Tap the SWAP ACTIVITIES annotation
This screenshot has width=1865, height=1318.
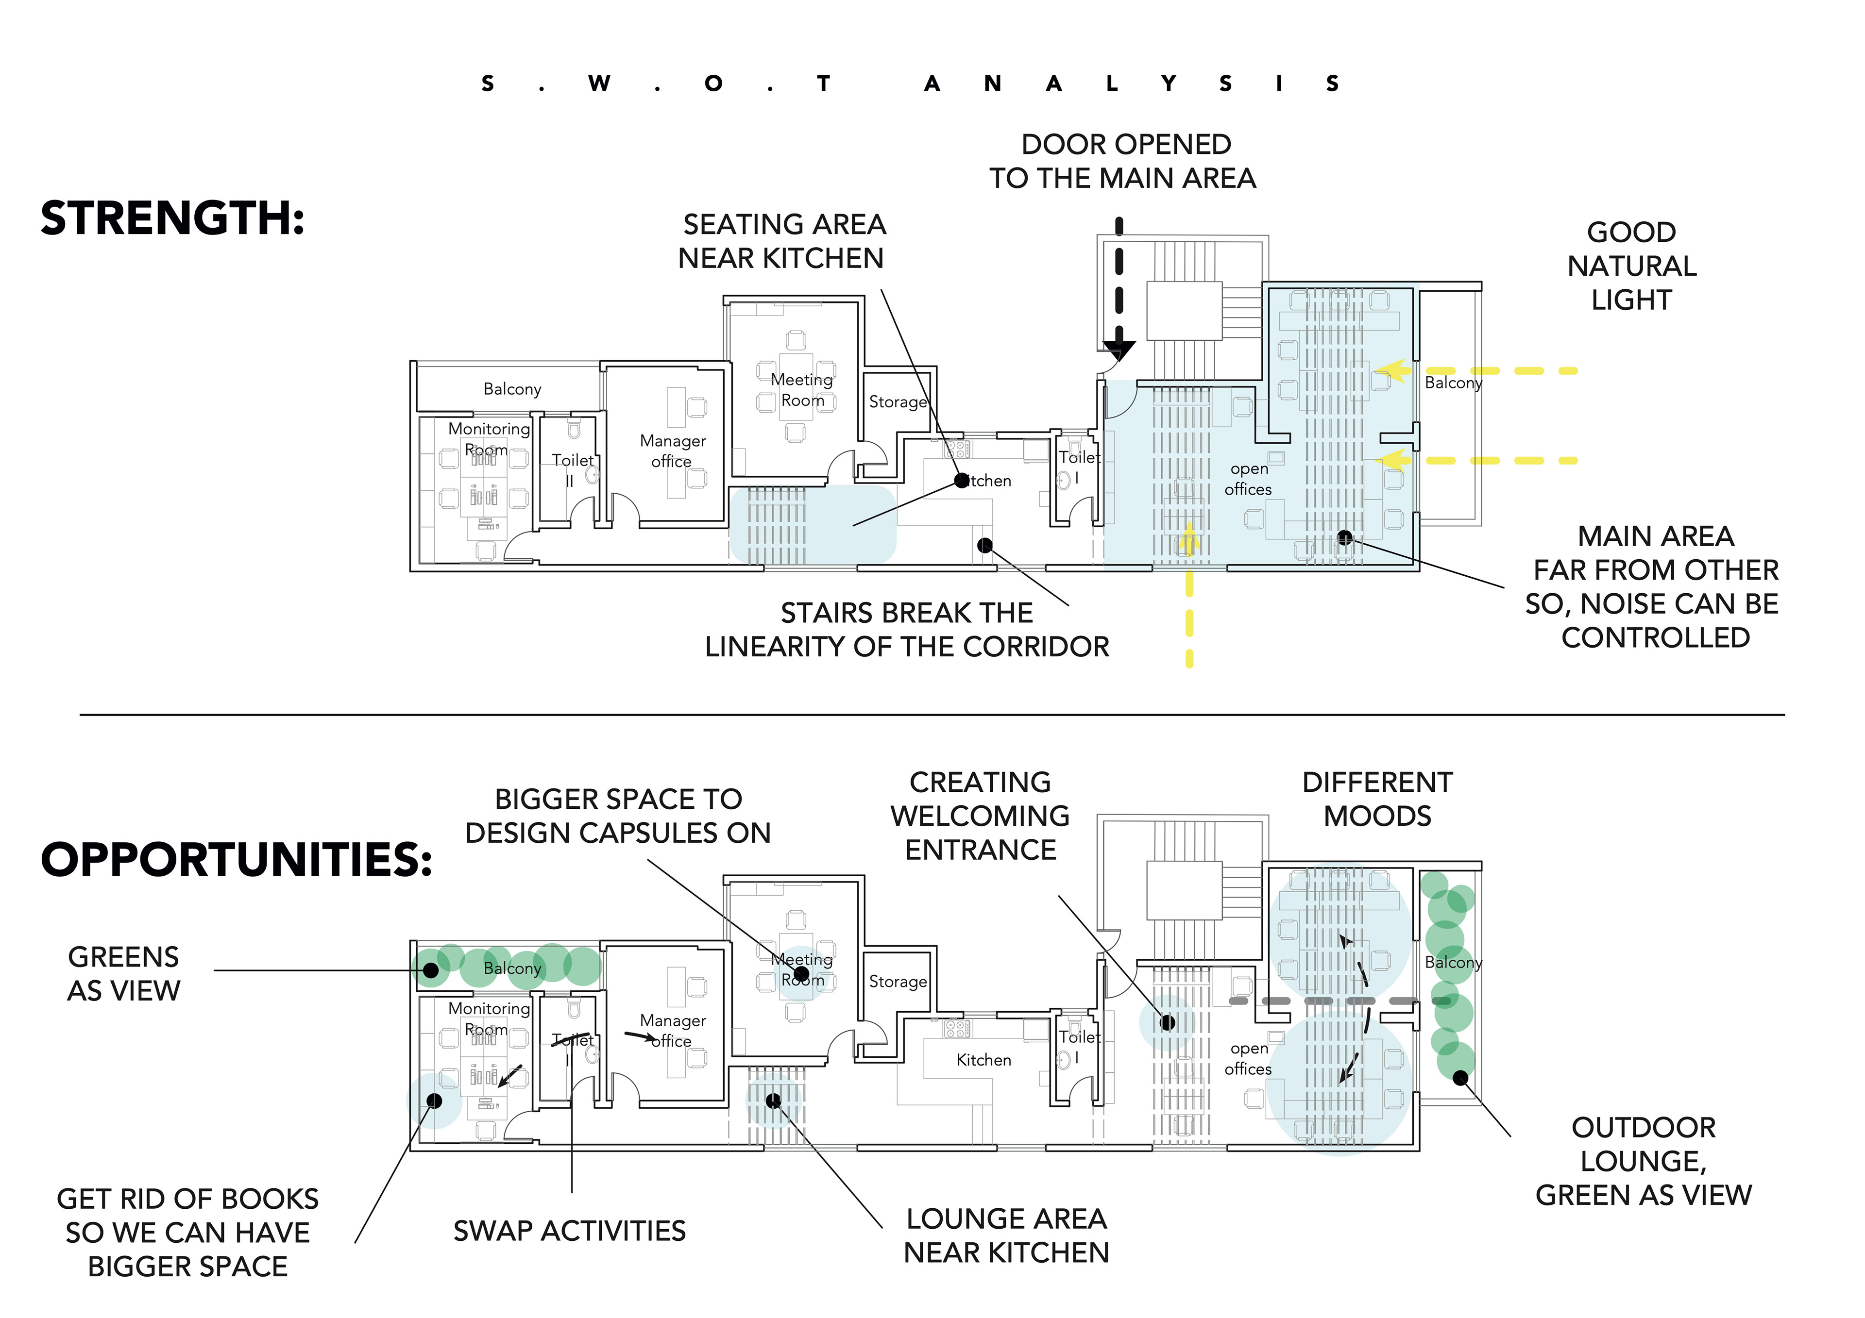[569, 1231]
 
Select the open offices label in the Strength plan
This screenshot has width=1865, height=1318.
[1249, 479]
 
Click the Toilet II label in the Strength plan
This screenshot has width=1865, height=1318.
[573, 469]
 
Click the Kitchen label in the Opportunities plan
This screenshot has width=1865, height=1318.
[983, 1060]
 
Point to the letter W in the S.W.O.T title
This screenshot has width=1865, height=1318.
[599, 83]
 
